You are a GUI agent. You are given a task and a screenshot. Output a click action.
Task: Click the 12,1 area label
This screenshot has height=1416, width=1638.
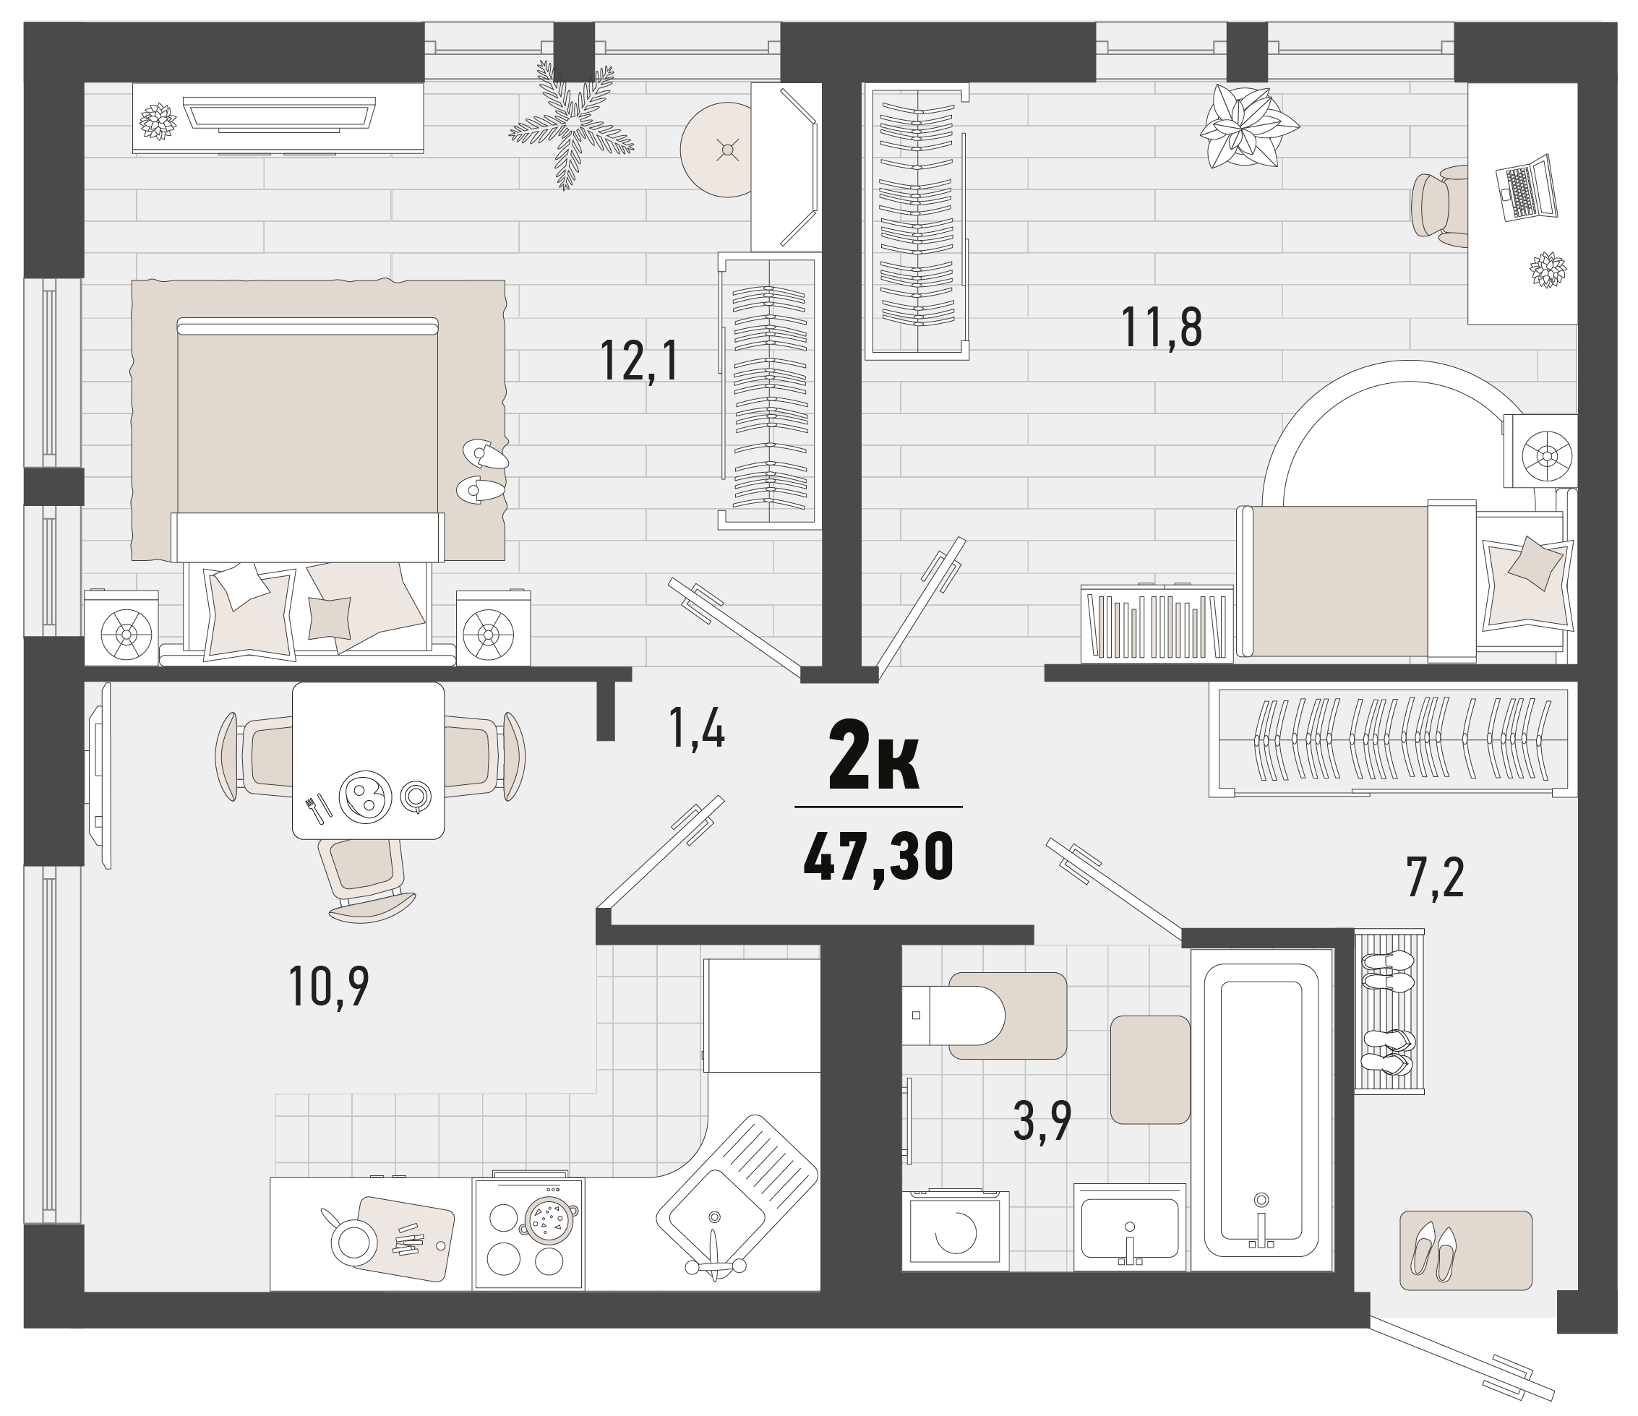pyautogui.click(x=639, y=361)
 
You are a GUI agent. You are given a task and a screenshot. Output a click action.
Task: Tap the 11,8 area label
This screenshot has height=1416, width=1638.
pyautogui.click(x=1162, y=327)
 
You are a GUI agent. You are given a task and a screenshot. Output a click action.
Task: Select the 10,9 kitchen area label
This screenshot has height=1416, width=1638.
pyautogui.click(x=329, y=987)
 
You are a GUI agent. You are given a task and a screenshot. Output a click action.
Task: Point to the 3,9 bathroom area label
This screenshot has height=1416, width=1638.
pyautogui.click(x=1042, y=1120)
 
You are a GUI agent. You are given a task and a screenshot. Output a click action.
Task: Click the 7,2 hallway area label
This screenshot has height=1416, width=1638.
pyautogui.click(x=1435, y=878)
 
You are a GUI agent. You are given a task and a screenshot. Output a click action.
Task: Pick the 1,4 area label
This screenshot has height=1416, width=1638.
pyautogui.click(x=696, y=728)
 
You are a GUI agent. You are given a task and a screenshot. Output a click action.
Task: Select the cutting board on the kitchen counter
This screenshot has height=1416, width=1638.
pyautogui.click(x=406, y=1239)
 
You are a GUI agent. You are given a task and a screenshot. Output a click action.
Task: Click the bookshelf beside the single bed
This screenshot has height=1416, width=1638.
pyautogui.click(x=1157, y=622)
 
